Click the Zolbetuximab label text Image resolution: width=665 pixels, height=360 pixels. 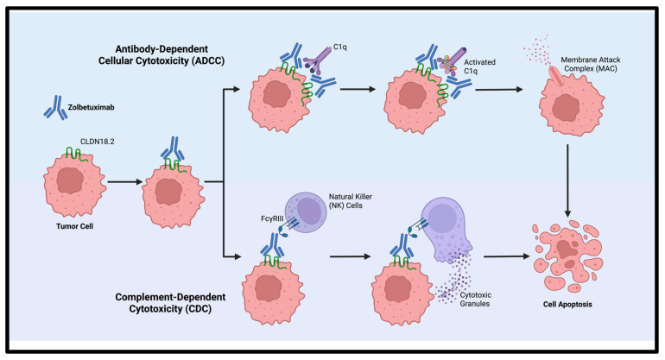[x=92, y=107]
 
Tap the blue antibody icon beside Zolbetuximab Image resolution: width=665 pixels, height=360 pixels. [x=55, y=108]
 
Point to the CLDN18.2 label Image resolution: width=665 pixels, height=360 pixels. [x=97, y=142]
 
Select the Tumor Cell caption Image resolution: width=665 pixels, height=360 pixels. [x=74, y=226]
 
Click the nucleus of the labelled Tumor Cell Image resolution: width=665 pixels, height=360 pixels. [x=70, y=180]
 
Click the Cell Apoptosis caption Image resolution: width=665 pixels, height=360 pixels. [x=567, y=304]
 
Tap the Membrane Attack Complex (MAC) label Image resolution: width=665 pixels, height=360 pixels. [x=591, y=64]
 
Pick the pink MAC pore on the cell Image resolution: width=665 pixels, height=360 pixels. [x=555, y=76]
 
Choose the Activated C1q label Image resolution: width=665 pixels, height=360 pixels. [x=479, y=66]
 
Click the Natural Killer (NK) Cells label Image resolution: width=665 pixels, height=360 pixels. [x=351, y=201]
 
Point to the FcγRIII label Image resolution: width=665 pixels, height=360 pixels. [x=272, y=218]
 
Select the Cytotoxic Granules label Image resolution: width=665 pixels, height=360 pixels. [x=475, y=300]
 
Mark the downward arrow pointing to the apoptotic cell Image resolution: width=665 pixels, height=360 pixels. [x=567, y=180]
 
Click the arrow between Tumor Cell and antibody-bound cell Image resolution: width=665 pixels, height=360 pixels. [x=125, y=182]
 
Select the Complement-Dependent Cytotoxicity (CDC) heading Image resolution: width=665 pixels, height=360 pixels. [x=170, y=303]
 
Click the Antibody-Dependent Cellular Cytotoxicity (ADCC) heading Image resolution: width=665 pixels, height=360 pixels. [x=161, y=55]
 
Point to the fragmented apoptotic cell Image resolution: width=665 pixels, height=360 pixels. [x=567, y=256]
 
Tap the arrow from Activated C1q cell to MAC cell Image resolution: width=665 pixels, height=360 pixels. [x=499, y=90]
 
